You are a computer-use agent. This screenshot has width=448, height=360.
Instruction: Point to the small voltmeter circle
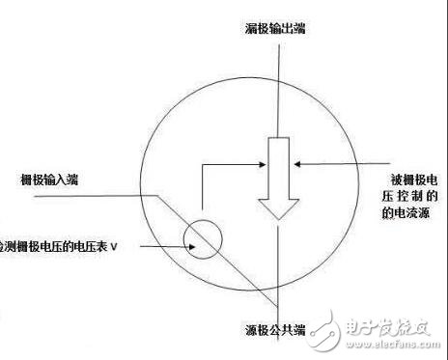[203, 239]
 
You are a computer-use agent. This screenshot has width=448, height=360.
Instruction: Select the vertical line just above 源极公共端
[278, 280]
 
